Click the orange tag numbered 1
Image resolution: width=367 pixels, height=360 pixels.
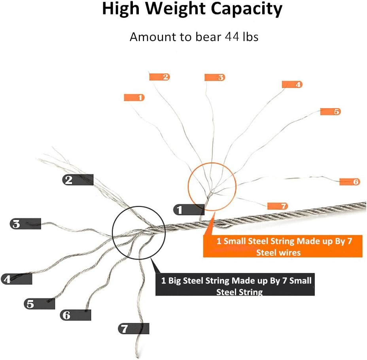134,98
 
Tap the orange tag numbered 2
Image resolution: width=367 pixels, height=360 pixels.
159,77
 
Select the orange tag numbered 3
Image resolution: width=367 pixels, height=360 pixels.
215,77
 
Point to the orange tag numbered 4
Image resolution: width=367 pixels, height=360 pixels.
292,85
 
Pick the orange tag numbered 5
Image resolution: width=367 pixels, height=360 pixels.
331,111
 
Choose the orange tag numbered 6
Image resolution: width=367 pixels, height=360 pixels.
350,182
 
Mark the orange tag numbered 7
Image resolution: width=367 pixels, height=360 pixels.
278,206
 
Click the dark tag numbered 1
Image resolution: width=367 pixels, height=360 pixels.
189,209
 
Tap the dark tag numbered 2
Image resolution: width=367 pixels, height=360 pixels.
78,180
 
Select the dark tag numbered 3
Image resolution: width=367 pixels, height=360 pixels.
25,224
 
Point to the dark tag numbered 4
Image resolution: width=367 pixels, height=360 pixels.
16,279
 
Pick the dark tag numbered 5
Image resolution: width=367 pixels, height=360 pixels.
39,304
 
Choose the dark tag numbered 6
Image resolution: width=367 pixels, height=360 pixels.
76,315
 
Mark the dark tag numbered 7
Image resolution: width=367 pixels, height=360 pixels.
133,329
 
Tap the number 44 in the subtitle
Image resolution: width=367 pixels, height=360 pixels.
233,37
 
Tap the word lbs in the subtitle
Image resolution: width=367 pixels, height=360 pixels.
250,37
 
